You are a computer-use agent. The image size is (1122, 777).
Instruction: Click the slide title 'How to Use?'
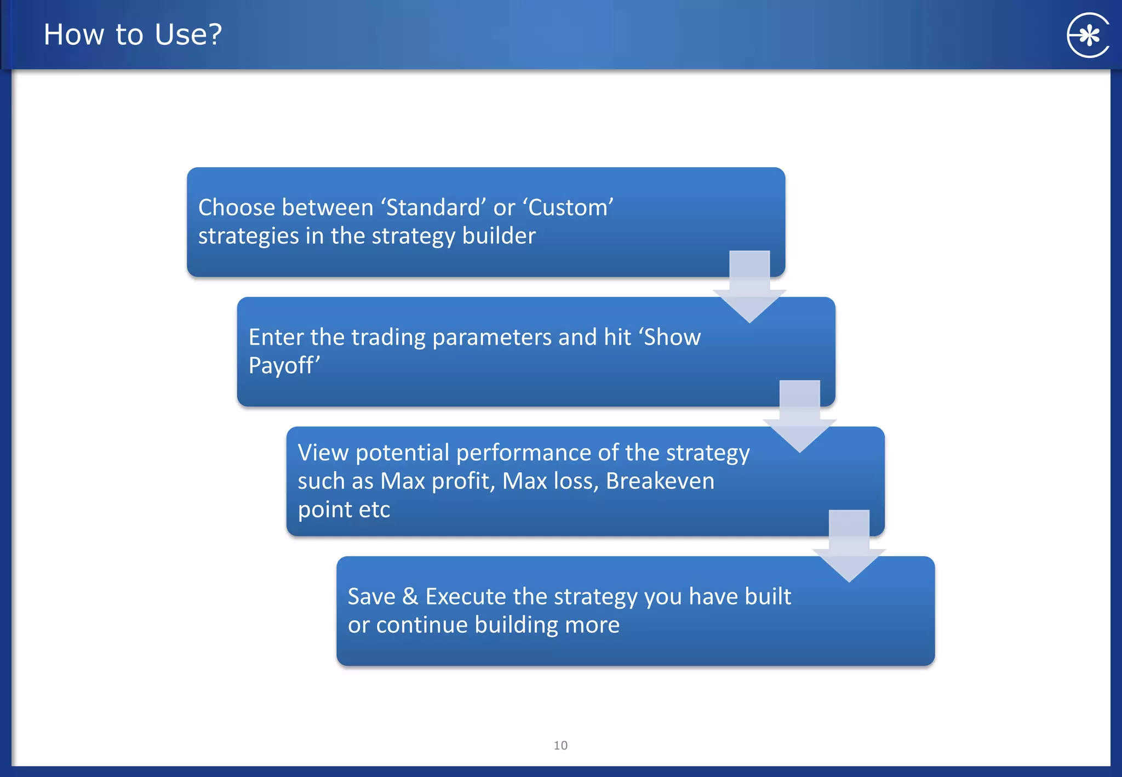coord(133,35)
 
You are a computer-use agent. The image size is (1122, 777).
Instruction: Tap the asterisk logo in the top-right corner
coord(1088,36)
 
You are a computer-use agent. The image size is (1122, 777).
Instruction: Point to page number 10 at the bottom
coord(560,745)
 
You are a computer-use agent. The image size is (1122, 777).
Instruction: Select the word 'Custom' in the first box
coord(568,208)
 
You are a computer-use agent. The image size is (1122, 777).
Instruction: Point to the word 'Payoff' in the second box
coord(282,365)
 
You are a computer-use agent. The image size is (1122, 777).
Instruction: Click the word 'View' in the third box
coord(323,453)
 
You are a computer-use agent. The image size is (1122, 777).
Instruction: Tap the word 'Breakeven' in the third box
coord(660,481)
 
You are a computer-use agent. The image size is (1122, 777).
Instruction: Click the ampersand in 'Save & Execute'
coord(410,596)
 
